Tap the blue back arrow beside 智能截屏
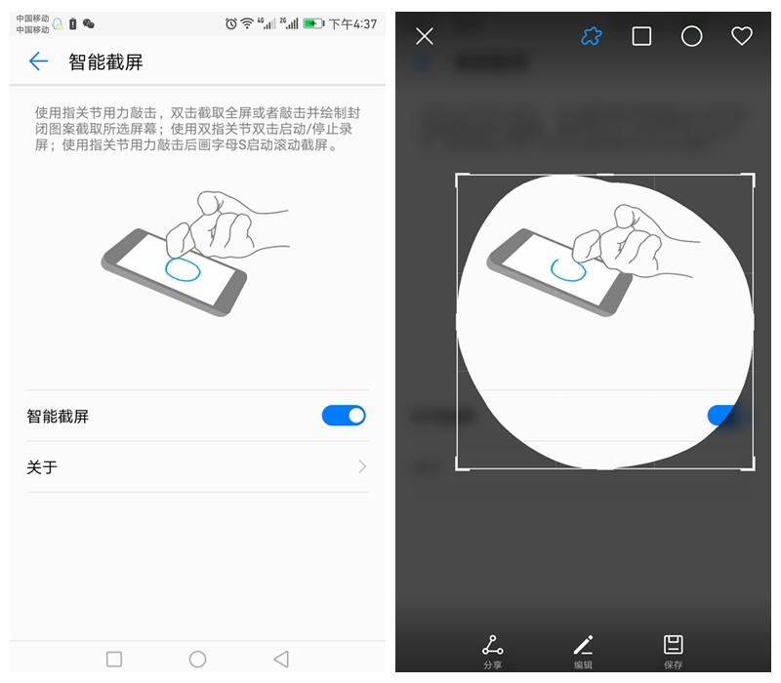coord(38,62)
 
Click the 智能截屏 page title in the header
coord(105,62)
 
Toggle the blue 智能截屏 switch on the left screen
coord(344,416)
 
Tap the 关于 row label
coord(42,467)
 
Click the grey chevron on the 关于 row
coord(362,467)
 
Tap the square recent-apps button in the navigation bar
coord(114,660)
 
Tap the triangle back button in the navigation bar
coord(281,660)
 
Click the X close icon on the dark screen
coord(425,36)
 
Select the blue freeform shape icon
coord(591,36)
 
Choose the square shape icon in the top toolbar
coord(641,36)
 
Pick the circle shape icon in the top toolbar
coord(691,36)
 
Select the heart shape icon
coord(742,36)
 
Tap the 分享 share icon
coord(493,645)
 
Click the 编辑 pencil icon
coord(583,645)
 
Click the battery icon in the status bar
coord(313,23)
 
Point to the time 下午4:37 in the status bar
coord(352,23)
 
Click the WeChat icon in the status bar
coord(89,23)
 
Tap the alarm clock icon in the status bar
coord(231,23)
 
